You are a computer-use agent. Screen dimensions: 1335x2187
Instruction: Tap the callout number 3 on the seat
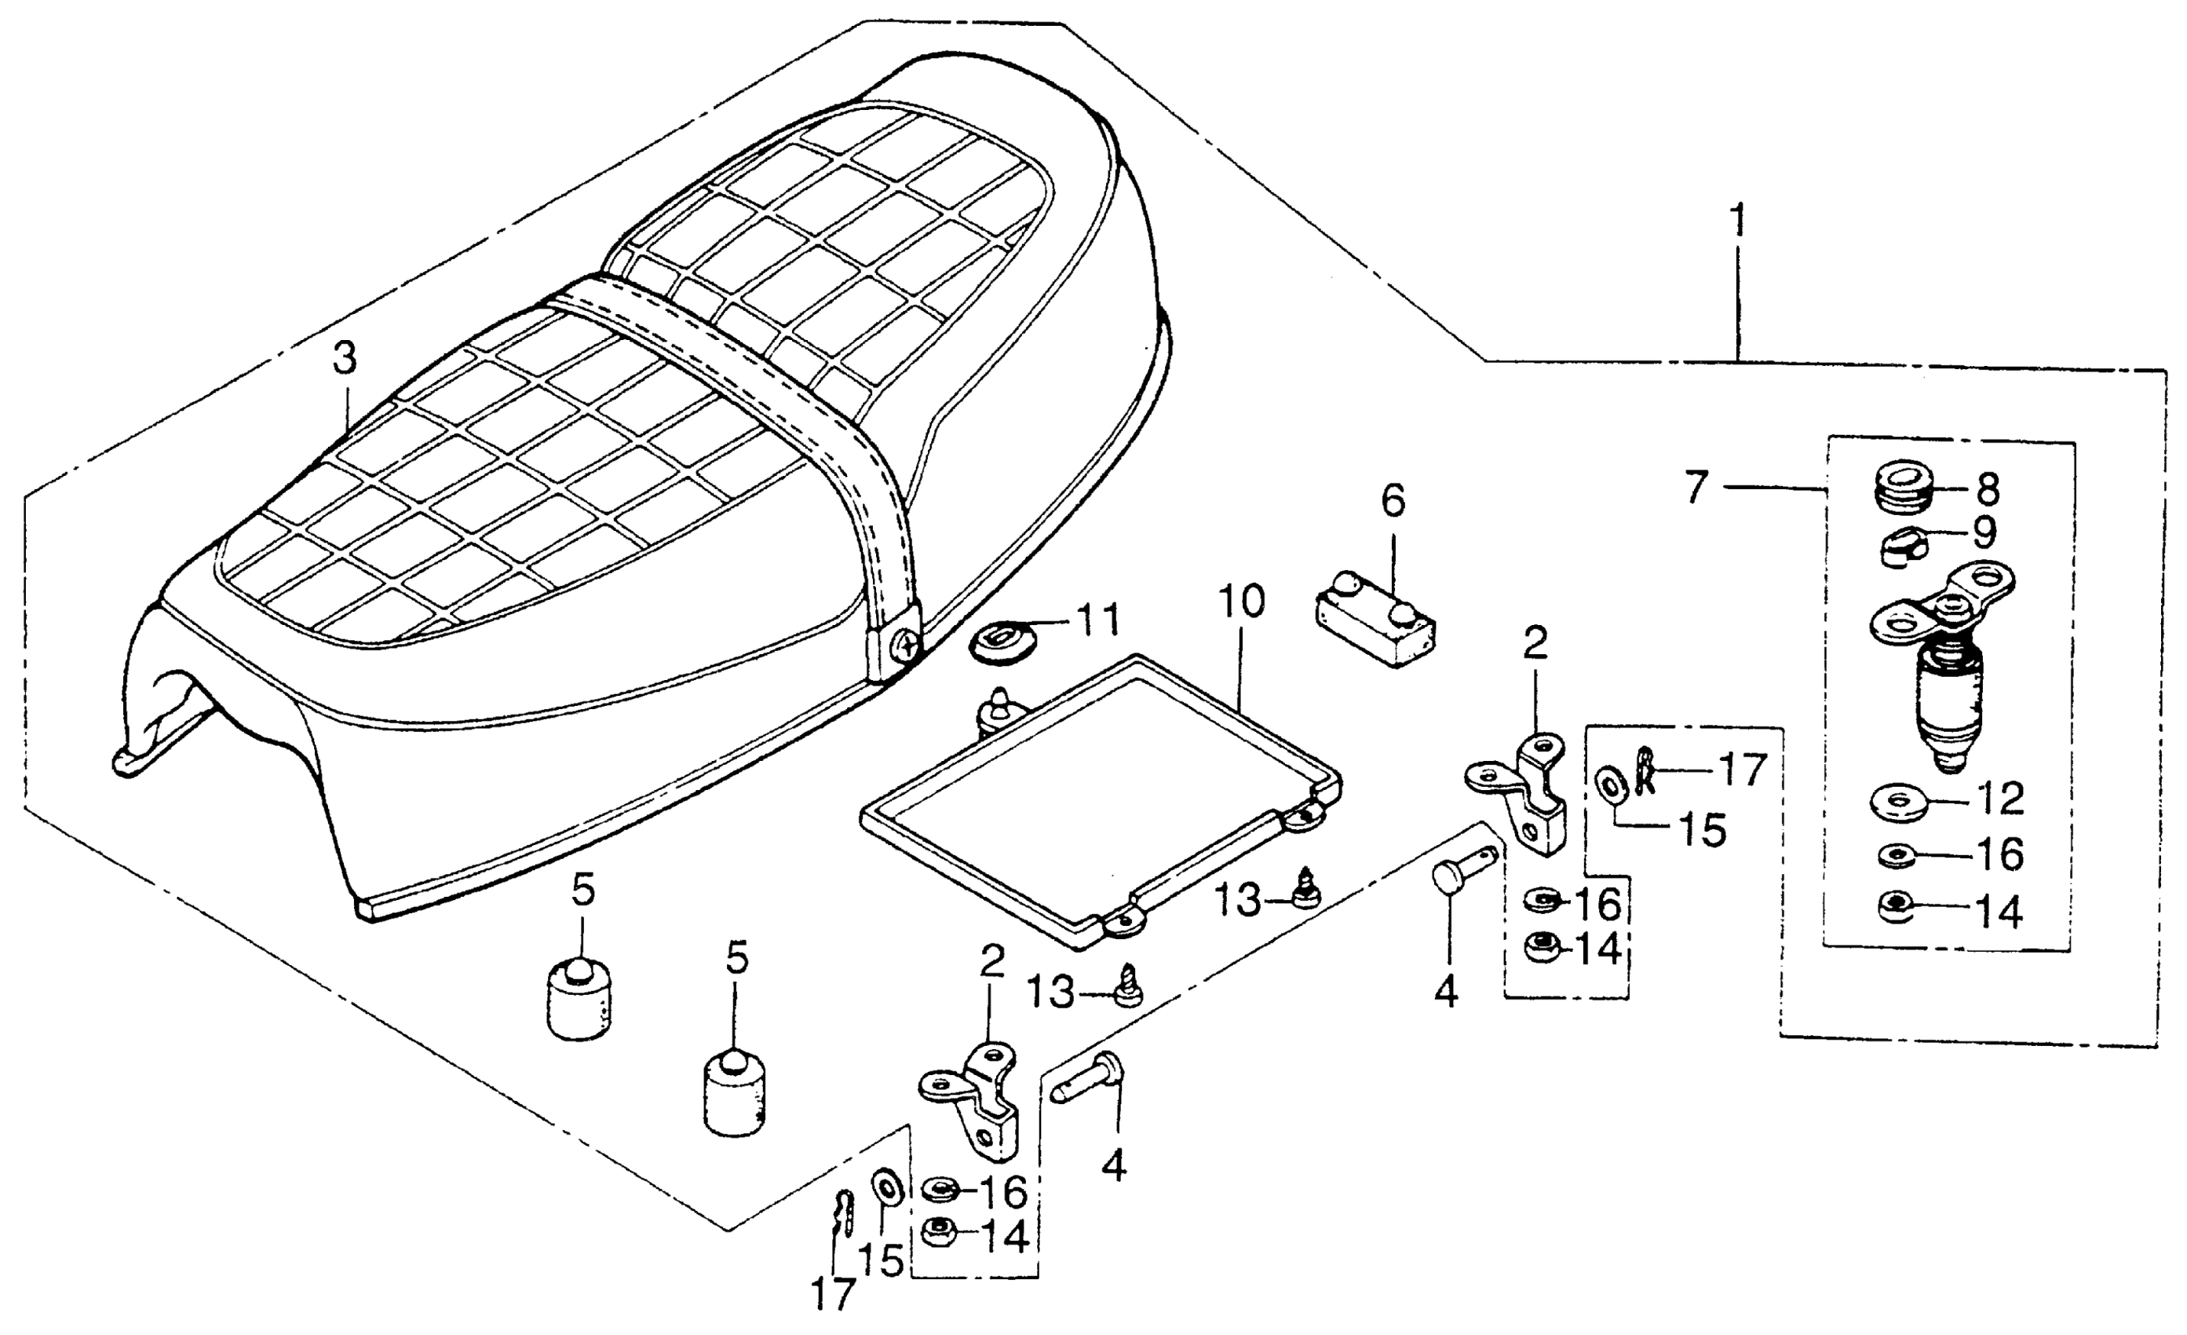pyautogui.click(x=345, y=359)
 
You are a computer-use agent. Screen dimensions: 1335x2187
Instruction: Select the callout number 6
pyautogui.click(x=1393, y=502)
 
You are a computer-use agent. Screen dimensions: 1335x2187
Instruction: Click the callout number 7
pyautogui.click(x=1696, y=488)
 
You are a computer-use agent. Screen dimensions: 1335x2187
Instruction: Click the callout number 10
pyautogui.click(x=1241, y=602)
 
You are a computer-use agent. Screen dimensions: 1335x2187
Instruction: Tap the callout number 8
pyautogui.click(x=1988, y=489)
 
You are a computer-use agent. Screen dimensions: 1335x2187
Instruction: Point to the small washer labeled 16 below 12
pyautogui.click(x=1897, y=854)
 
